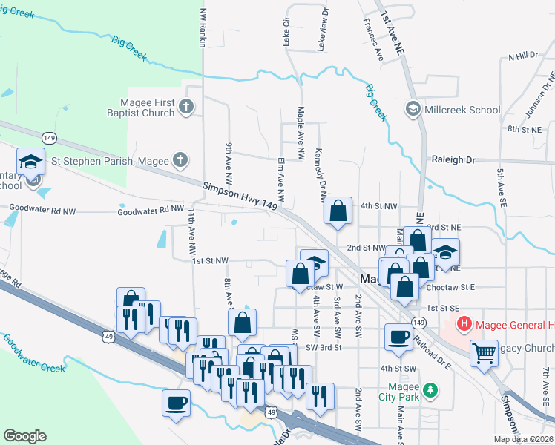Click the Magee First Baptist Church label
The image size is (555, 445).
[148, 108]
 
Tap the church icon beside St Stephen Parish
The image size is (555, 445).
[180, 159]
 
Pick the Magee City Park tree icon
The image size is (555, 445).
[430, 389]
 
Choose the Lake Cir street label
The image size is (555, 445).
[286, 34]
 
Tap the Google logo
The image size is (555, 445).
[24, 436]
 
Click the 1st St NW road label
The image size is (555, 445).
[209, 260]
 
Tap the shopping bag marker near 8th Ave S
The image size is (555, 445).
[243, 322]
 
